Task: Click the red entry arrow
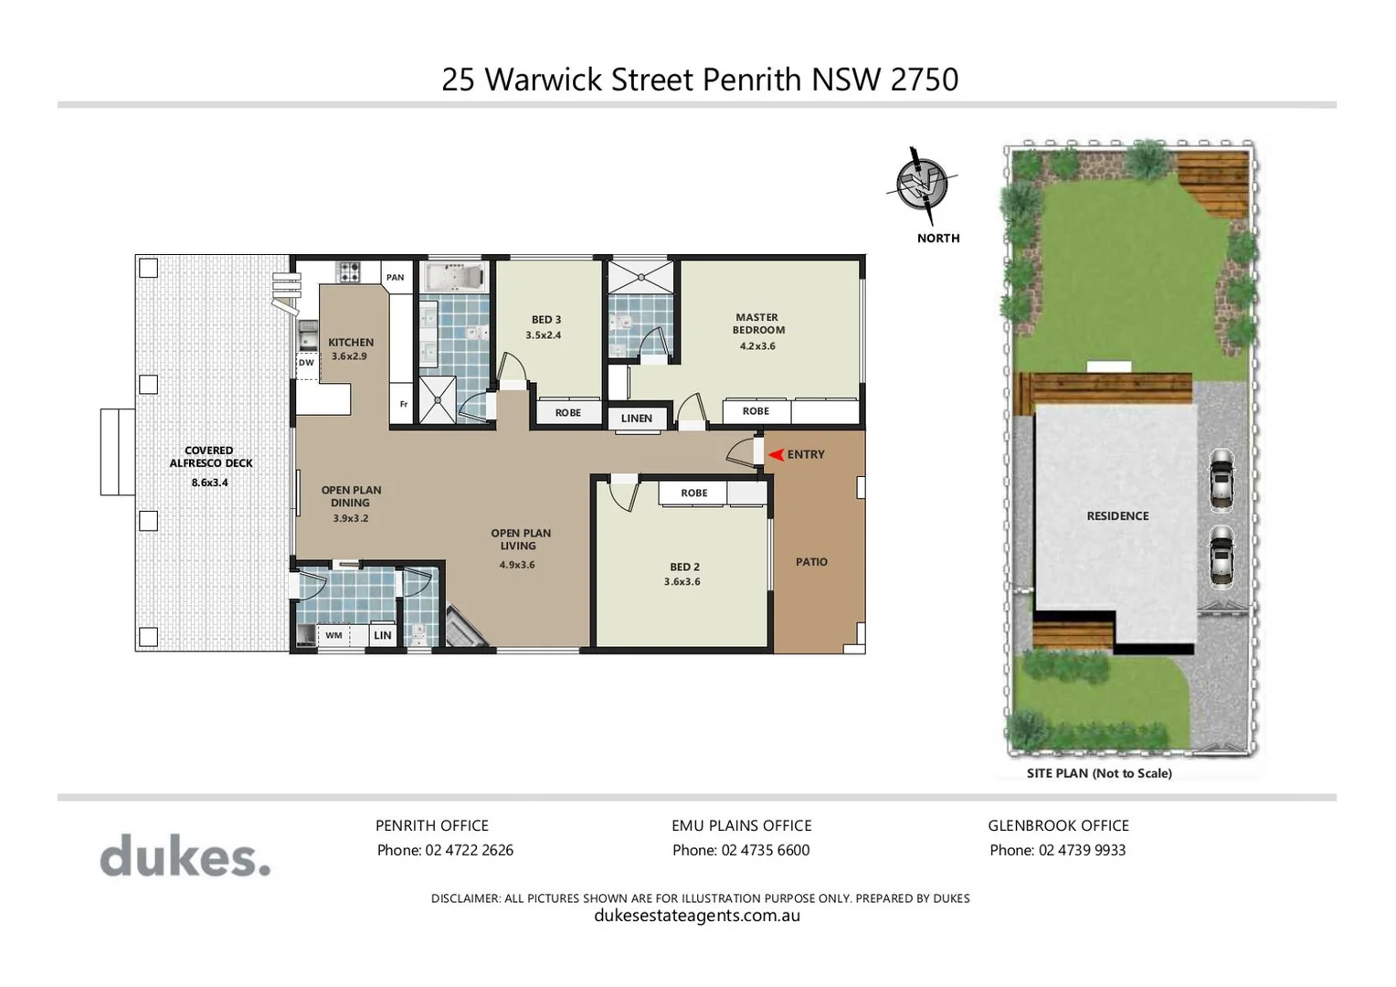coord(776,454)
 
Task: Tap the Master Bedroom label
coord(757,324)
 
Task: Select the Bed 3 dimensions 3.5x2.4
coord(544,335)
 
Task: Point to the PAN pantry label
coord(395,277)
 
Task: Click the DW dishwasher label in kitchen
coord(306,363)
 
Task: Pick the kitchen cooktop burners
coord(349,271)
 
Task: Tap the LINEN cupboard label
coord(637,419)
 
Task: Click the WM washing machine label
coord(334,635)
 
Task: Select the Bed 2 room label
coord(684,567)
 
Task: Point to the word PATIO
coord(811,562)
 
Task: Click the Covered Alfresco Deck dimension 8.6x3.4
coord(209,483)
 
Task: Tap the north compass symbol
coord(922,186)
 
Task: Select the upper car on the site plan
coord(1221,478)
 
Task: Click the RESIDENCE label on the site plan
coord(1117,515)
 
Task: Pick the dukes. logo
coord(185,856)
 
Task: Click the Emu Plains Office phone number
coord(741,850)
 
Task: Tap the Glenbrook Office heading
coord(1058,825)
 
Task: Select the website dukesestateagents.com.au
coord(697,916)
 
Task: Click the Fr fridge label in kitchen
coord(403,404)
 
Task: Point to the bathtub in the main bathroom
coord(454,277)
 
